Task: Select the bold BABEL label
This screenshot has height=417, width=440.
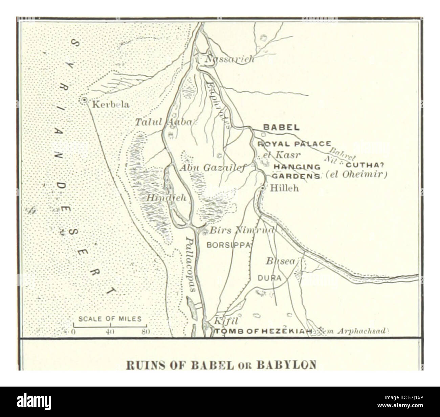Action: pos(281,128)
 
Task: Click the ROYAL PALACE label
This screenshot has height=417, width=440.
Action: pos(294,144)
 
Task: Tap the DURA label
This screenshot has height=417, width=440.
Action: pos(270,278)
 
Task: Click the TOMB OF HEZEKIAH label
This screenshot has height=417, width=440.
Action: pos(264,332)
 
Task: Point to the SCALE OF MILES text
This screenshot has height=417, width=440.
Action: pos(110,319)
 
